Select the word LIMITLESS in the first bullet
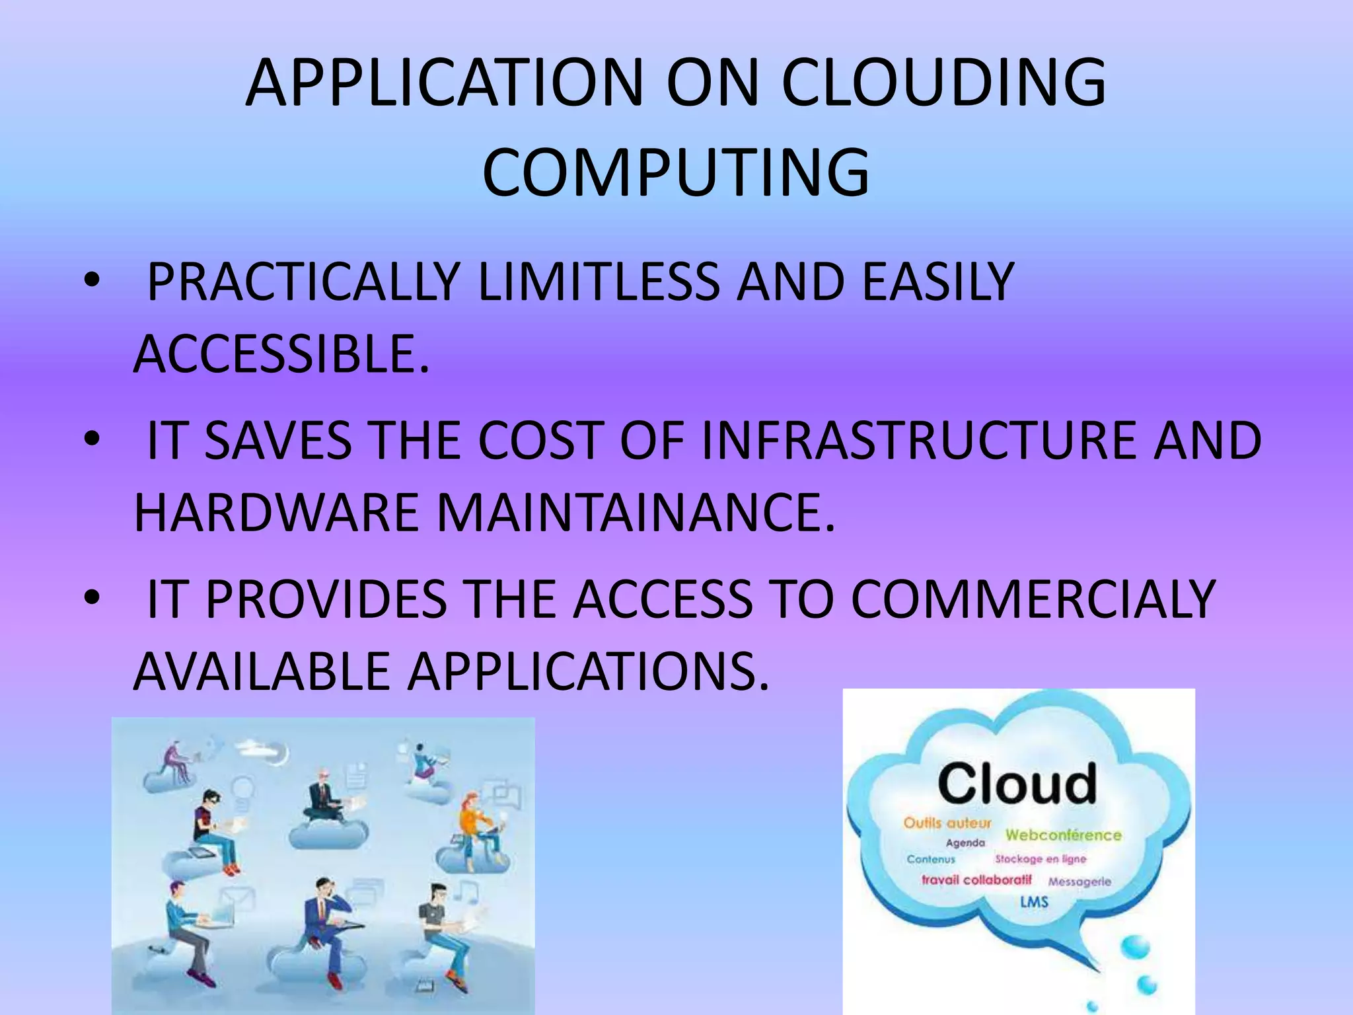pos(598,282)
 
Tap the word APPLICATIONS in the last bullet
pos(588,671)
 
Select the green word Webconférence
pos(1063,835)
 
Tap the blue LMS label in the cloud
pos(1034,901)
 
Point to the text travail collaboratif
pos(976,880)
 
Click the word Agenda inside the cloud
pos(965,843)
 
